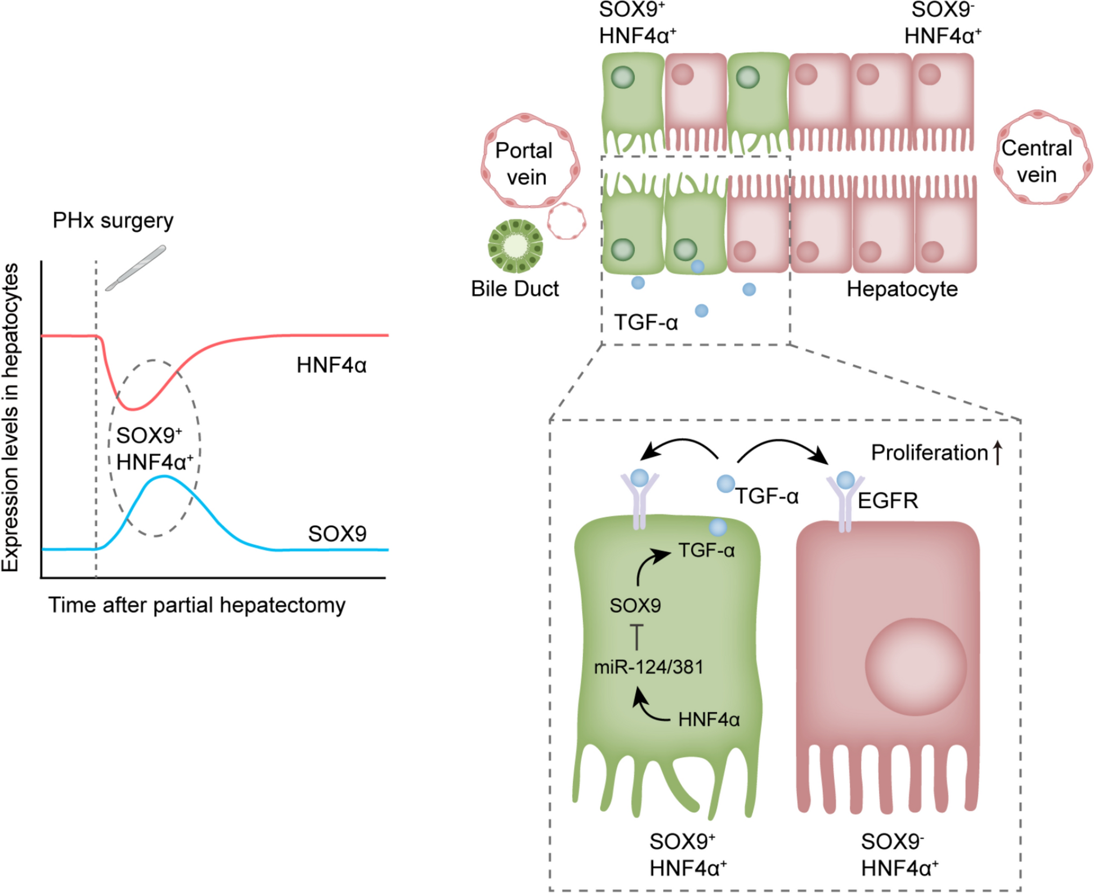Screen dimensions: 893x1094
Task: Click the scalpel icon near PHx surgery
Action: (x=136, y=268)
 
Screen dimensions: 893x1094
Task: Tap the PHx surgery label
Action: (x=113, y=221)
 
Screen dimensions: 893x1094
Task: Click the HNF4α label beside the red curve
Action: (x=331, y=365)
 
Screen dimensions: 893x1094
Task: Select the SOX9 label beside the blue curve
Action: (x=337, y=534)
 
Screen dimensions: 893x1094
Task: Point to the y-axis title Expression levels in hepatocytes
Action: (x=11, y=417)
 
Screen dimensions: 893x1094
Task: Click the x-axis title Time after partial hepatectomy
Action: (x=197, y=605)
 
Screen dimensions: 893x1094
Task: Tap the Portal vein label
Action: (x=525, y=164)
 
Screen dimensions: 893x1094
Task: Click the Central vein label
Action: (x=1036, y=161)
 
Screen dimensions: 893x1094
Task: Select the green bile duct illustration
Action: (x=515, y=246)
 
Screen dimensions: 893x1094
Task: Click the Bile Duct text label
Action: (x=515, y=289)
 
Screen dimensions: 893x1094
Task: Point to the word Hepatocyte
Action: (x=902, y=289)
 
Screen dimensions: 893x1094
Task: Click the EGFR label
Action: (x=887, y=500)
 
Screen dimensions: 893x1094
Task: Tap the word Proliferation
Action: (x=929, y=452)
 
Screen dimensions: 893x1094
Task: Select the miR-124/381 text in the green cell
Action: (x=648, y=667)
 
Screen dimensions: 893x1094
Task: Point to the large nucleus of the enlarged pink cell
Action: (x=915, y=667)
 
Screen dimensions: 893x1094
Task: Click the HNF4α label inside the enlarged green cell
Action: (x=709, y=720)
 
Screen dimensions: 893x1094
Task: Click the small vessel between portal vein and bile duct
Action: (x=566, y=221)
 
